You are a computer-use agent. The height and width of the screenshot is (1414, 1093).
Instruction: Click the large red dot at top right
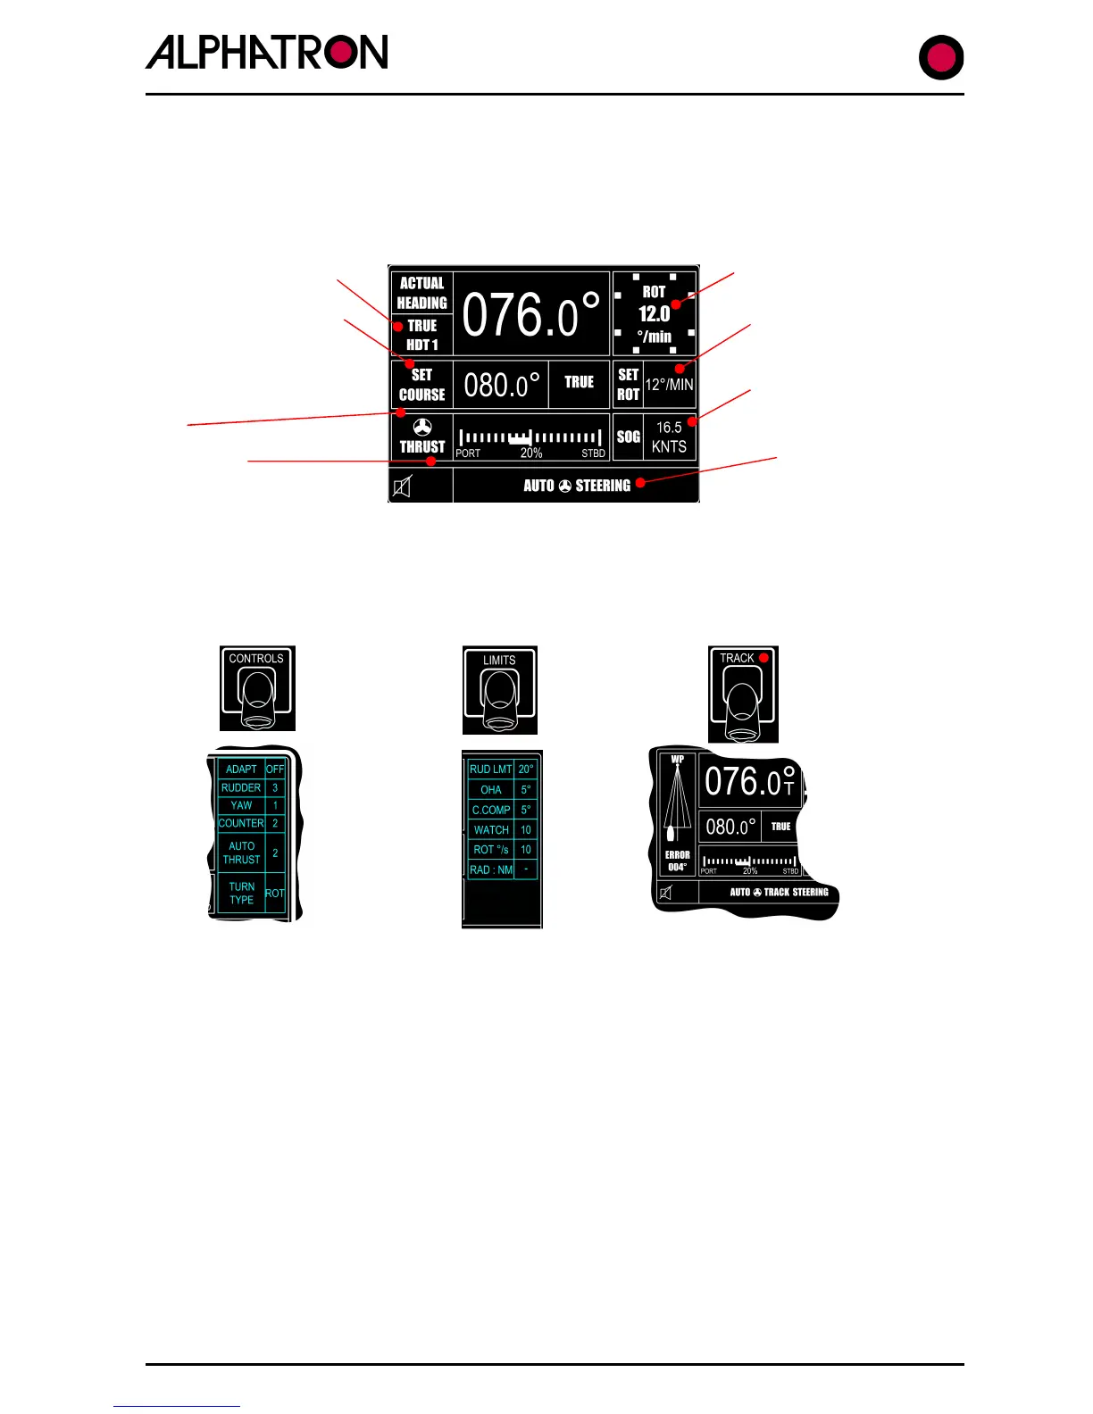(x=941, y=58)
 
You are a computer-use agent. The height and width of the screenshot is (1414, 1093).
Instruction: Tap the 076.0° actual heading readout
(x=530, y=314)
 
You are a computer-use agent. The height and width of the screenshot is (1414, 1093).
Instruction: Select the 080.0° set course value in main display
(x=501, y=385)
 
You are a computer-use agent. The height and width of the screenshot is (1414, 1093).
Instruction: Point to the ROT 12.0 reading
(x=654, y=313)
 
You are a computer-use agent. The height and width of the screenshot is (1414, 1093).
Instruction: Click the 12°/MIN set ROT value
(x=669, y=385)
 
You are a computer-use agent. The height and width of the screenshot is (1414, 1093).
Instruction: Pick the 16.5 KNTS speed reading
(x=669, y=437)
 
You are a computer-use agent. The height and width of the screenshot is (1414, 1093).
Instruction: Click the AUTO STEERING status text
(x=577, y=486)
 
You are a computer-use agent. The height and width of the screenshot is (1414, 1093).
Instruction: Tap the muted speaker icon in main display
(x=403, y=487)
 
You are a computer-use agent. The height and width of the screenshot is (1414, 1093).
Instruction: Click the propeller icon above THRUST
(x=422, y=428)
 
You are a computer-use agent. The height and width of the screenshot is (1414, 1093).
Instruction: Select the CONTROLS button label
(x=256, y=659)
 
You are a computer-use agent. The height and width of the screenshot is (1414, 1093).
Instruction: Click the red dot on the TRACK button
(x=763, y=658)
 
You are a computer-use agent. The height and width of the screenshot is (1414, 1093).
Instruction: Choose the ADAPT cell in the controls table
(x=241, y=769)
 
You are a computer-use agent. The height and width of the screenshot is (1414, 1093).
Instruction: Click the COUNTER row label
(x=241, y=823)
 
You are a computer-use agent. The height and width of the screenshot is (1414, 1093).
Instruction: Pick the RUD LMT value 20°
(x=526, y=769)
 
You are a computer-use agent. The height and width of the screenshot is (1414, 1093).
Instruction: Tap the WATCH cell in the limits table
(x=491, y=829)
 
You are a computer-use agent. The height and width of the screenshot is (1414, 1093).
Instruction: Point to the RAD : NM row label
(x=491, y=869)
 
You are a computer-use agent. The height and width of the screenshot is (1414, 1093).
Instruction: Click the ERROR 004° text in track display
(x=677, y=861)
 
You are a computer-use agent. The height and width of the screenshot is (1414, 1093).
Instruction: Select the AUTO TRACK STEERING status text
(x=779, y=892)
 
